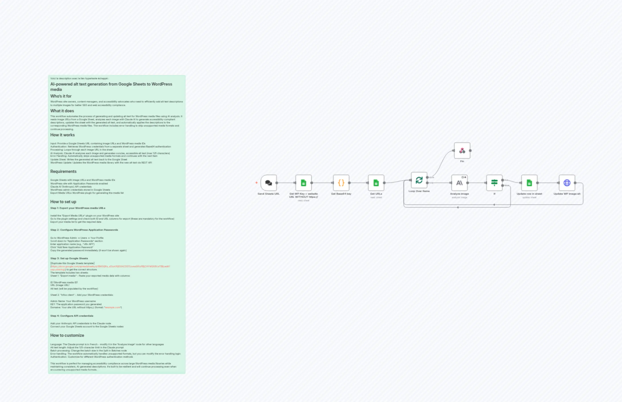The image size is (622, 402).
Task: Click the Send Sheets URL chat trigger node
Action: (268, 183)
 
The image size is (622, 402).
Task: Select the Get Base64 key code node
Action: (341, 183)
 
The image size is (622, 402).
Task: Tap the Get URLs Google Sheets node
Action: (376, 183)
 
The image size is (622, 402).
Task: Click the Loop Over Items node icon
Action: (419, 180)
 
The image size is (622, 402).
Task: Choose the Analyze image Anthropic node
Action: (459, 183)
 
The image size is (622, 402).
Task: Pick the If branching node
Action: (494, 183)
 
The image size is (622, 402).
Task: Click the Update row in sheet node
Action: (529, 183)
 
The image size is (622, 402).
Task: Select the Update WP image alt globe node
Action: (567, 183)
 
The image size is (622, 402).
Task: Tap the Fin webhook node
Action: (462, 151)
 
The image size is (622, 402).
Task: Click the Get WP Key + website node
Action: (303, 183)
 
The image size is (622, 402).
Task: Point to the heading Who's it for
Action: (61, 96)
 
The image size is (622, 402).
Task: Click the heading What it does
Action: (62, 111)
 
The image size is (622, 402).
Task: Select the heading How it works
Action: (62, 135)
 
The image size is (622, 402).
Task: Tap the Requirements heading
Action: (63, 171)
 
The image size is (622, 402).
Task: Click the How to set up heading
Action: (63, 202)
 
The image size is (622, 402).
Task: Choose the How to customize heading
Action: (67, 335)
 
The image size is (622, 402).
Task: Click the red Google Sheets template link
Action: (110, 267)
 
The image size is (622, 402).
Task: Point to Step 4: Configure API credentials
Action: (72, 316)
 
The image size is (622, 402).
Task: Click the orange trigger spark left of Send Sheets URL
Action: (256, 183)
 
